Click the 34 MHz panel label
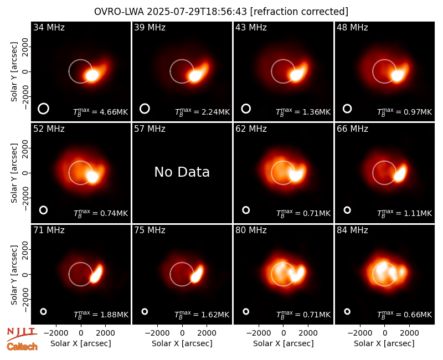coord(49,27)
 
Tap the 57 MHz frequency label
coord(150,129)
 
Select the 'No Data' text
coord(182,172)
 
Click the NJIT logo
coord(22,333)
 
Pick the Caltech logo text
coord(22,347)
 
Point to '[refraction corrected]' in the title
coord(299,12)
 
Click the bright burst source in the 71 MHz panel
coord(96,274)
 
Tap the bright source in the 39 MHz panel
coord(195,76)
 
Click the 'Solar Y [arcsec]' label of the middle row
coord(14,173)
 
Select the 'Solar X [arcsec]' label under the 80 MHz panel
coord(284,343)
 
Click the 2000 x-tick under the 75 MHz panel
coord(207,333)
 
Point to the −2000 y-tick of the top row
coord(25,96)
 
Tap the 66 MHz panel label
coord(352,129)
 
